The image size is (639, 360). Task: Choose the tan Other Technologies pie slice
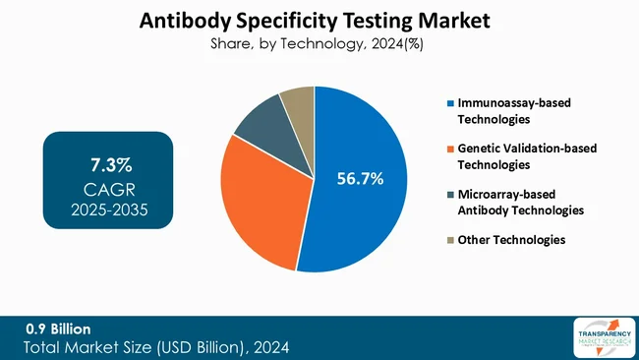[298, 103]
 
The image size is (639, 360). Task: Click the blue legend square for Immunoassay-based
[451, 103]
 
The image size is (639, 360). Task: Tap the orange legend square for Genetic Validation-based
[451, 149]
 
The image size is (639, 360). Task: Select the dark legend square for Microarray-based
[451, 194]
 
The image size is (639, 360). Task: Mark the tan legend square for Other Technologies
[451, 239]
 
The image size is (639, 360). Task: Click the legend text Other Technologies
[512, 239]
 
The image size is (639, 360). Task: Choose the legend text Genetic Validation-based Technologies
[527, 156]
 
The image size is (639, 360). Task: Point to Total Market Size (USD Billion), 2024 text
[157, 346]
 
